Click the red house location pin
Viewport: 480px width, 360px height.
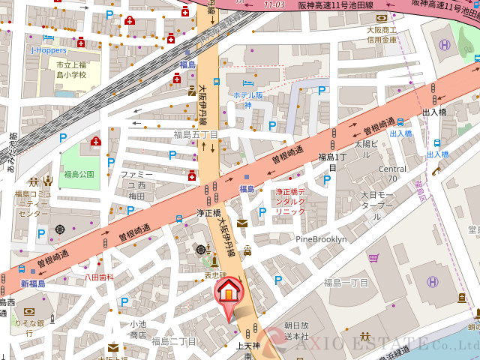coord(229,292)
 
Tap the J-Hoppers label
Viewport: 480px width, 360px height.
coord(47,49)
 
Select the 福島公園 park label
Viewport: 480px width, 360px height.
coord(79,174)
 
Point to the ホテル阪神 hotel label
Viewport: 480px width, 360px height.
coord(247,100)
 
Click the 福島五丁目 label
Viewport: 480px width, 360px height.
coord(195,135)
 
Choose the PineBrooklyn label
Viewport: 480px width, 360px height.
coord(321,239)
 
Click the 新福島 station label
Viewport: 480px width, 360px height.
coord(33,283)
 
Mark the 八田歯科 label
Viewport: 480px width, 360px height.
coord(99,277)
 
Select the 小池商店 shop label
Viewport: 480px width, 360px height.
coord(137,329)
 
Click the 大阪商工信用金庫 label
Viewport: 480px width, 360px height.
coord(381,34)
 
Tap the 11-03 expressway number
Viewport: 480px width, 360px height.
coord(274,4)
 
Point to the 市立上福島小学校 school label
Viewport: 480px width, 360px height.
coord(71,70)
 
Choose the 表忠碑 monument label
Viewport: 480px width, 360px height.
coord(215,274)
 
